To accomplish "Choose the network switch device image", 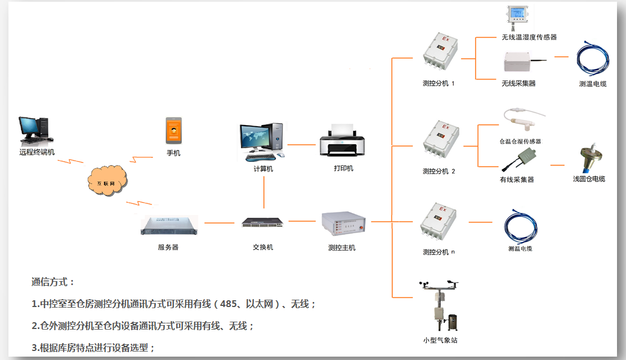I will point(263,223).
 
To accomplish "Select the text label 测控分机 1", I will point(439,83).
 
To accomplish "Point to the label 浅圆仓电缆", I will point(589,179).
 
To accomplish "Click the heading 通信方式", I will point(53,282).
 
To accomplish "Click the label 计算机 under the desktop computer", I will point(263,168).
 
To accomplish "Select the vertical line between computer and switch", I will point(263,193).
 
